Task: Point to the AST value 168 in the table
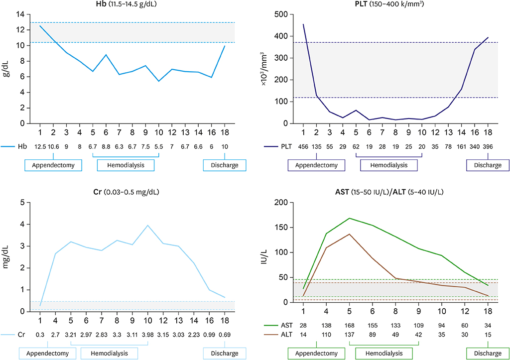(x=351, y=325)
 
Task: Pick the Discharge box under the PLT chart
(x=488, y=165)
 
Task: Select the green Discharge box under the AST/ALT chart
(x=488, y=353)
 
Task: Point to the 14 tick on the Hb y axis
(x=20, y=14)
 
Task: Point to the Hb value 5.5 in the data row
(x=159, y=147)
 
